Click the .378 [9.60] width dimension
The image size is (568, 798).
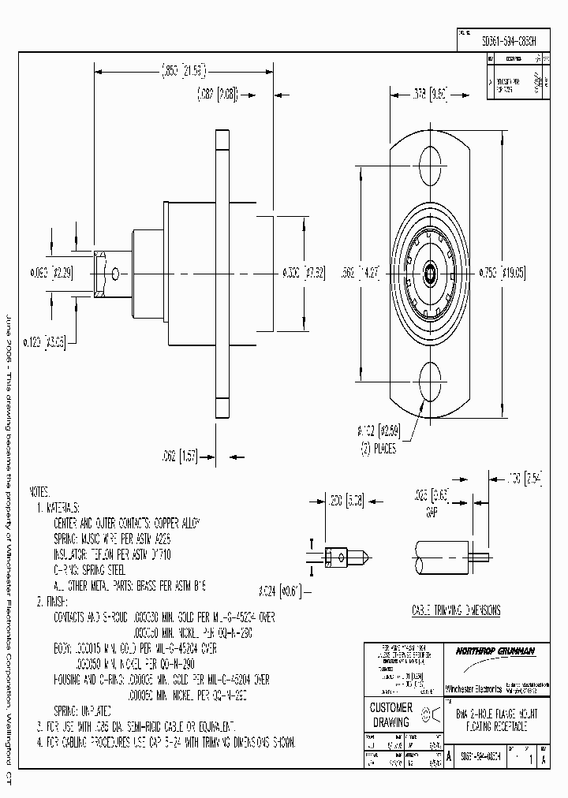[x=431, y=94]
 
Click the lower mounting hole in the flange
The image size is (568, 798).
[x=430, y=379]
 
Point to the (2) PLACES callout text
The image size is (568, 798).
[x=379, y=449]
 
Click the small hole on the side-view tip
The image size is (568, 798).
[x=116, y=274]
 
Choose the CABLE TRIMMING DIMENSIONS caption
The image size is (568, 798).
[x=456, y=610]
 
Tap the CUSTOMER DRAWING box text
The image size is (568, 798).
[x=390, y=714]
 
